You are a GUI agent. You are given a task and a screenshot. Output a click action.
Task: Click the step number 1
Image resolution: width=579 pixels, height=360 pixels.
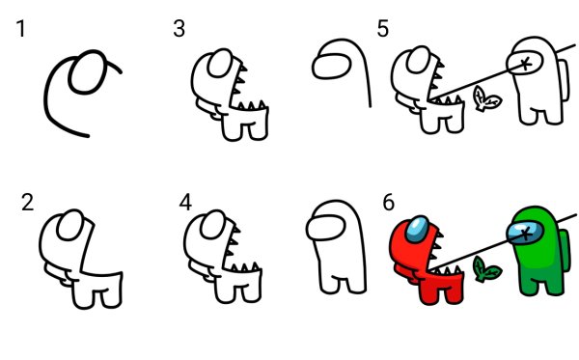(21, 29)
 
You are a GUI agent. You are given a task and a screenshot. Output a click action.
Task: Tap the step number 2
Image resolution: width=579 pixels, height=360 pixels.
(27, 203)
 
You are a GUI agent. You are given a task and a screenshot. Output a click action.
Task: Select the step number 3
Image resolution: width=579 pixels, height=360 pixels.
(179, 28)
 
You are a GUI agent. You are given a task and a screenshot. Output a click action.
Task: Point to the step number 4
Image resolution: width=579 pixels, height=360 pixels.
(185, 203)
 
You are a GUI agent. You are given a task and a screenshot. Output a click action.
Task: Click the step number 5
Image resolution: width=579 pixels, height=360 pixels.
(382, 28)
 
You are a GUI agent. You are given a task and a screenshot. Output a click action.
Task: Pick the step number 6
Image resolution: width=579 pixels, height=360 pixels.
(388, 203)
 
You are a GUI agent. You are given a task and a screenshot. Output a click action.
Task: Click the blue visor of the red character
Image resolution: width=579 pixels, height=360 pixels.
(417, 230)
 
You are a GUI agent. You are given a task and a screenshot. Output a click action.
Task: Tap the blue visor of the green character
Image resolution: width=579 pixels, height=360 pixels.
(525, 233)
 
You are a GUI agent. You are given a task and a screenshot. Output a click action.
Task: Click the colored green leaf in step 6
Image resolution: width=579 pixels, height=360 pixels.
(486, 270)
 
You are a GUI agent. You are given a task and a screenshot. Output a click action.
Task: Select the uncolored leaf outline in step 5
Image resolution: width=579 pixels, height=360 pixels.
(486, 98)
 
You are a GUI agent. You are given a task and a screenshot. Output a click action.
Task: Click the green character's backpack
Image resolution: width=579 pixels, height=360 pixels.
(565, 251)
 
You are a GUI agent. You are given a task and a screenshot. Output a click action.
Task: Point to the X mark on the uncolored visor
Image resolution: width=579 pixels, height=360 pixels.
(527, 64)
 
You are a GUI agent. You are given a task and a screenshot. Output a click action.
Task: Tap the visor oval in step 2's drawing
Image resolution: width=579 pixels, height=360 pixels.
(70, 225)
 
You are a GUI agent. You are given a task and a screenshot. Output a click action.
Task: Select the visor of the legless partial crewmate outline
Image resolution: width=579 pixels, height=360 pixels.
(331, 66)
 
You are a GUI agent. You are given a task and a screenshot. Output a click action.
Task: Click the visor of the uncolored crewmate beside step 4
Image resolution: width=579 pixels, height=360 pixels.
(326, 228)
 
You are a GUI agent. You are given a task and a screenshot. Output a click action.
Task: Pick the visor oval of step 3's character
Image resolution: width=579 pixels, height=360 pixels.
(221, 63)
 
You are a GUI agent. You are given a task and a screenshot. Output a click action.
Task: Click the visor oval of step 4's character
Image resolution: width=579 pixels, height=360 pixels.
(213, 224)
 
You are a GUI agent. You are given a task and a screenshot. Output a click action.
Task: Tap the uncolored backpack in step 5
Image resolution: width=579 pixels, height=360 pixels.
(564, 80)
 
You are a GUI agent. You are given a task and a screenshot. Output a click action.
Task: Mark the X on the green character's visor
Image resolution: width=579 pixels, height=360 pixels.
(527, 234)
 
